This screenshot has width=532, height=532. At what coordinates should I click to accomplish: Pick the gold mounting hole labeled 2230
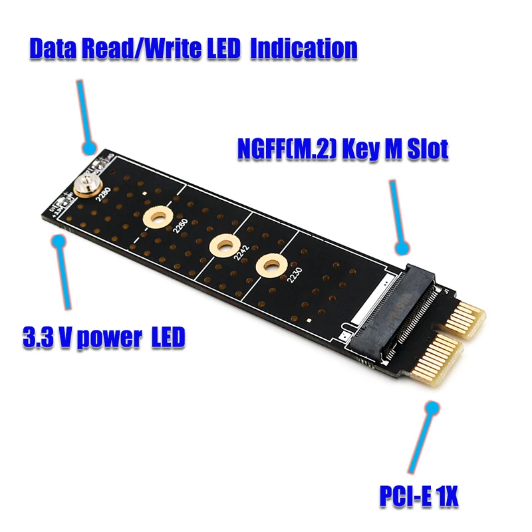point(269,265)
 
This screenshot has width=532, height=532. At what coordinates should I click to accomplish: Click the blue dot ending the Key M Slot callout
point(402,249)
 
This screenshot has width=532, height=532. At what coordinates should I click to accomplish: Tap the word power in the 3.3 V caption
point(108,338)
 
